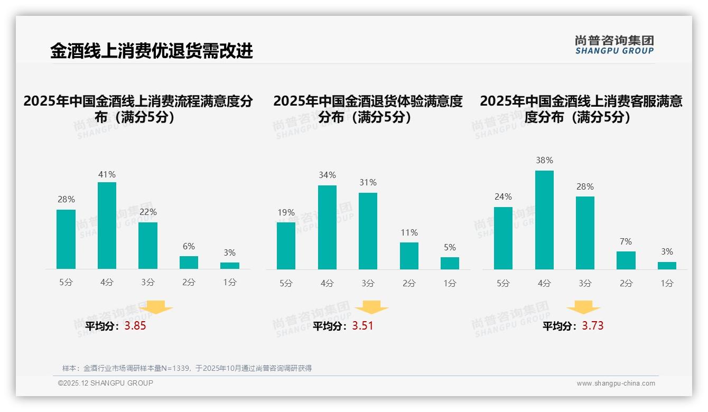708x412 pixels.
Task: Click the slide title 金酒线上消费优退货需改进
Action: tap(152, 51)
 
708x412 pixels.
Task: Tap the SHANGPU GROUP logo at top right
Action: tap(614, 45)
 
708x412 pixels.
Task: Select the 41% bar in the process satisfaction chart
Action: tap(107, 226)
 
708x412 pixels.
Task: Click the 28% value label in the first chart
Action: tap(66, 200)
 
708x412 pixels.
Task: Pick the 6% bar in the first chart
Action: tap(189, 263)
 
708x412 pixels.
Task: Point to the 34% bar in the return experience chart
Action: tap(327, 227)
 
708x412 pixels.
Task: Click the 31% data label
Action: tap(368, 182)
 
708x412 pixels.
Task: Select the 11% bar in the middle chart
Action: tap(409, 256)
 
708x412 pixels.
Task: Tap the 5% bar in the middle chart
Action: tap(450, 263)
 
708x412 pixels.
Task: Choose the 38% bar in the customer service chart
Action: tap(544, 220)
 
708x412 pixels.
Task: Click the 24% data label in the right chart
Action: tap(503, 196)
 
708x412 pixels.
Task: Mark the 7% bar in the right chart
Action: tap(626, 260)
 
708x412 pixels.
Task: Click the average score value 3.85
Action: tap(135, 326)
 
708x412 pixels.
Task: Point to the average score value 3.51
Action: tap(362, 326)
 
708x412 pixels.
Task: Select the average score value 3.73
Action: tap(593, 326)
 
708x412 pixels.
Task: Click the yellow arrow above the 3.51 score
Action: tap(371, 307)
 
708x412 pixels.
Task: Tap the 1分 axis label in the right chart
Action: tap(667, 284)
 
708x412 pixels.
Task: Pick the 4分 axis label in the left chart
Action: tap(107, 283)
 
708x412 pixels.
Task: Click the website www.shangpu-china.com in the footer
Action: tap(616, 383)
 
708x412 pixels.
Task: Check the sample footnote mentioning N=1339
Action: tap(187, 368)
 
